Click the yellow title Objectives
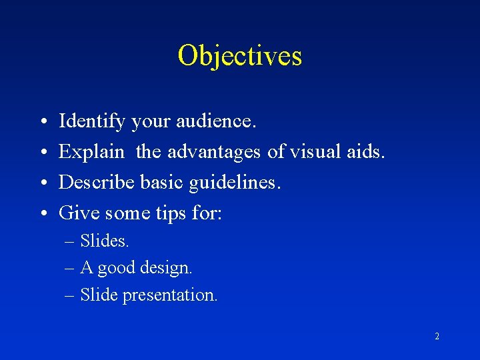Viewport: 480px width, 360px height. click(x=240, y=55)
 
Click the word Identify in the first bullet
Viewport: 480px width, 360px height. click(x=92, y=122)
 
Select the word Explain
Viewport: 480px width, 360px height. click(x=91, y=153)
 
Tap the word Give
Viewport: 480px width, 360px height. click(x=76, y=213)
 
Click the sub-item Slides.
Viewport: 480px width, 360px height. click(x=105, y=241)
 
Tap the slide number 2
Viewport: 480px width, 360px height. click(x=437, y=337)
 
